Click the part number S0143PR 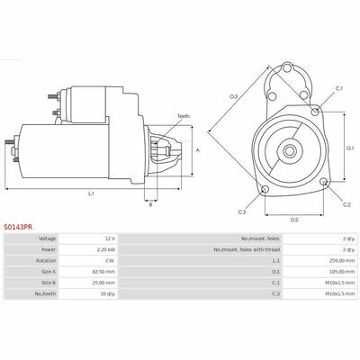click(x=18, y=228)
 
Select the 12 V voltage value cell click(x=110, y=238)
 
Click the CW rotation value click(x=110, y=261)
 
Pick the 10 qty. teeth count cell click(x=108, y=293)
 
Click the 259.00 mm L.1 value click(x=342, y=261)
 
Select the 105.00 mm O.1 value click(x=342, y=272)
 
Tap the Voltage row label click(x=48, y=238)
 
